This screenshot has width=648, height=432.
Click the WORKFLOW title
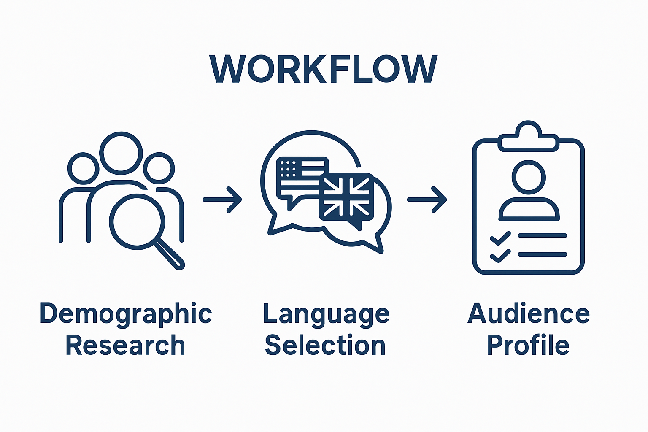click(324, 69)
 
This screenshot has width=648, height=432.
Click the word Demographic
click(126, 314)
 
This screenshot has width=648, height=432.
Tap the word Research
click(125, 346)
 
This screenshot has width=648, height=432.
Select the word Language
click(326, 314)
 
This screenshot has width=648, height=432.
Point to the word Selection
click(325, 346)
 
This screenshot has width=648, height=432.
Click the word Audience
click(529, 314)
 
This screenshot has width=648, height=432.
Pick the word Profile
click(528, 346)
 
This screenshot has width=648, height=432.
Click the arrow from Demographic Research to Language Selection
click(222, 200)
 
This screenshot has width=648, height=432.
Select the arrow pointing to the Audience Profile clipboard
click(427, 200)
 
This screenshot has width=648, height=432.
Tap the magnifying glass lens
click(137, 221)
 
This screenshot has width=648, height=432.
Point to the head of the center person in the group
click(121, 153)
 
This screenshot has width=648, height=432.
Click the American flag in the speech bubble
click(300, 174)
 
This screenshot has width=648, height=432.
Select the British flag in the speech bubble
click(346, 197)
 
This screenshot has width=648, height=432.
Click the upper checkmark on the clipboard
click(500, 238)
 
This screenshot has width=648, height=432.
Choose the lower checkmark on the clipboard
click(500, 256)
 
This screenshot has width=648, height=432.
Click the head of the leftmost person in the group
click(83, 168)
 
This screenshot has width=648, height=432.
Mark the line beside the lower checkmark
click(543, 254)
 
